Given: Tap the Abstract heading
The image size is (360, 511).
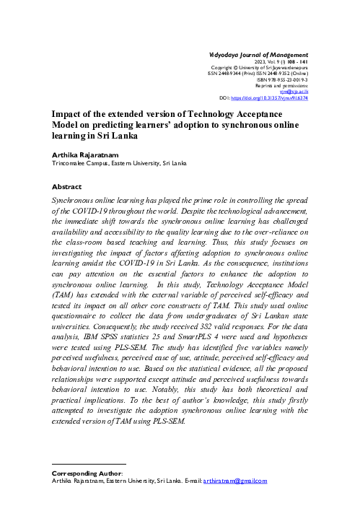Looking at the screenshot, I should pyautogui.click(x=68, y=185).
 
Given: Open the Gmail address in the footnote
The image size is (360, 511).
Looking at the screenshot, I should pyautogui.click(x=234, y=481).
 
